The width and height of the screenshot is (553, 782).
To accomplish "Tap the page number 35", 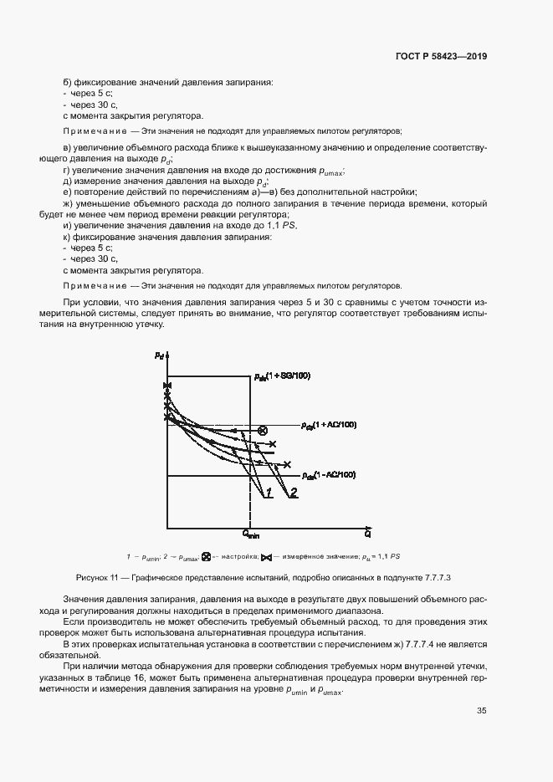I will pos(482,711).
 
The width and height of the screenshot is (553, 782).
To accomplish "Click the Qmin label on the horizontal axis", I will pos(252,533).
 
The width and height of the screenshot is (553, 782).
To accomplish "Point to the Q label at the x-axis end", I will pos(367,532).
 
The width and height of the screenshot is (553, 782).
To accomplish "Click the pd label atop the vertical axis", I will pos(159,355).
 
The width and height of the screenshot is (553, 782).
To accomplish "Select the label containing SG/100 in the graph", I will pos(282,376).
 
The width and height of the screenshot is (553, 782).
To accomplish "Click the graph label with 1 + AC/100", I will pos(329,425).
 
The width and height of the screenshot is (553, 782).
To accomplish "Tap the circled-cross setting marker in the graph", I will pos(263,430).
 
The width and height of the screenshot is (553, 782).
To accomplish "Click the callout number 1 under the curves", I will pos(269,495).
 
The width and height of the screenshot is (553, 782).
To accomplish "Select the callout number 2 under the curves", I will pos(294,495).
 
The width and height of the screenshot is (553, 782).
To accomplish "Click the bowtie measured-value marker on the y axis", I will pos(168,385).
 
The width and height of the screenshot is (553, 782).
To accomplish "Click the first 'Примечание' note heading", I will pos(86,130).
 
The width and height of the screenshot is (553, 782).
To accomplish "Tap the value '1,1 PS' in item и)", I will pos(284,226).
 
